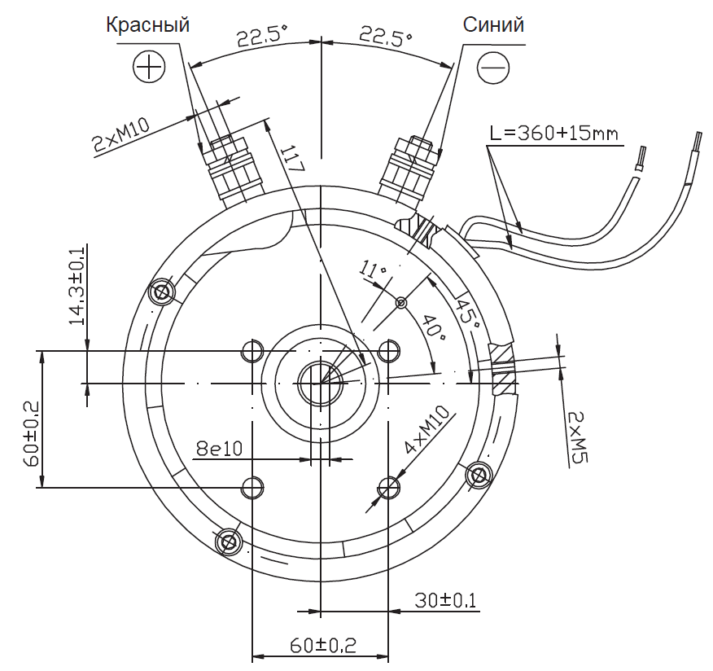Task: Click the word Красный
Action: click(148, 25)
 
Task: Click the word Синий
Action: click(493, 24)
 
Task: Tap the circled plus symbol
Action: click(149, 67)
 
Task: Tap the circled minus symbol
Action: click(493, 68)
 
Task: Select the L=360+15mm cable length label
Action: click(553, 134)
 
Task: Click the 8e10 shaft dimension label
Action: click(219, 449)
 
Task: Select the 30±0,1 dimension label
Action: click(445, 600)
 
